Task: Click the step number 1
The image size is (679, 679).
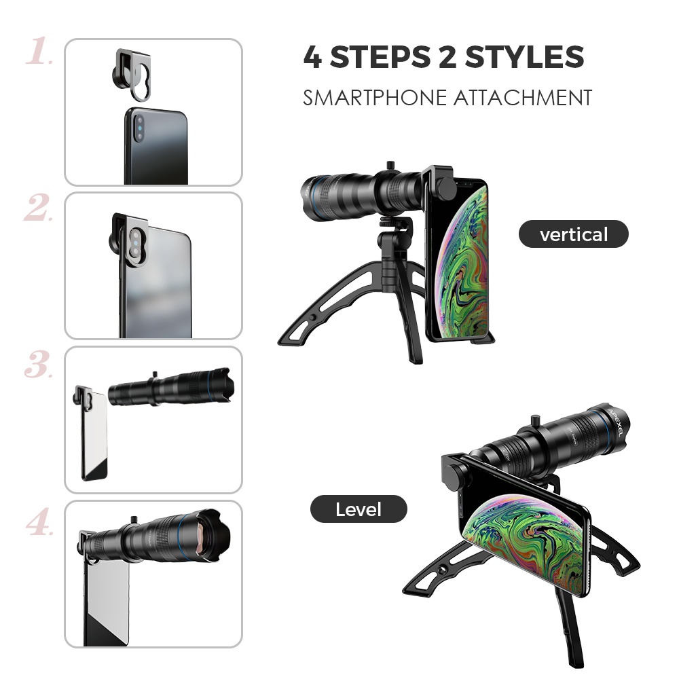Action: click(x=39, y=52)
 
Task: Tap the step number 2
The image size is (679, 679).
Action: click(x=39, y=208)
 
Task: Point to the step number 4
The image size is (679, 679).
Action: click(x=39, y=521)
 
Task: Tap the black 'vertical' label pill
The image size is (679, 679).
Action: click(x=574, y=235)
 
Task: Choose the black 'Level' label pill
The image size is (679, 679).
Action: click(x=359, y=509)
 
